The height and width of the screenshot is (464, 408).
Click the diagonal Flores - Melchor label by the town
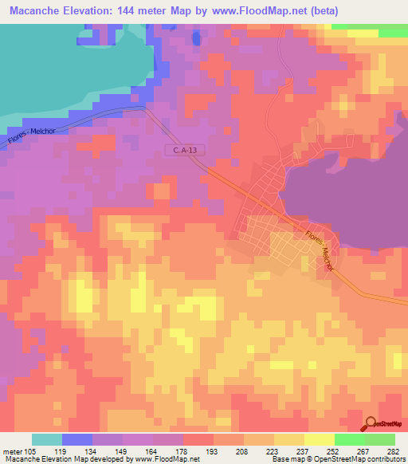[x=318, y=250]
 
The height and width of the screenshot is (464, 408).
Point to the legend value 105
[x=31, y=451]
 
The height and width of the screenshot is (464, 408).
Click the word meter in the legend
[x=11, y=451]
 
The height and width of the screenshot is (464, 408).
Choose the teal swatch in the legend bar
[x=47, y=439]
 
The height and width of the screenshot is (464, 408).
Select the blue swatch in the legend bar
[x=77, y=439]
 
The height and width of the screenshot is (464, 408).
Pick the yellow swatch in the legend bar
[x=319, y=439]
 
